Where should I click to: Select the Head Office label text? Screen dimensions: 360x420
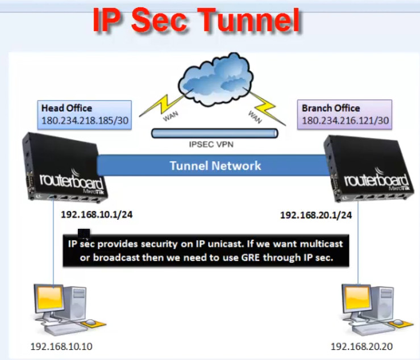tap(66, 108)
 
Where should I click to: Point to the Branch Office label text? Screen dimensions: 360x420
tap(331, 108)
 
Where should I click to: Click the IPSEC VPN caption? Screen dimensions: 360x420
tap(211, 145)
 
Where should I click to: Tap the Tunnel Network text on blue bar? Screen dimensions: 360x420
tap(215, 166)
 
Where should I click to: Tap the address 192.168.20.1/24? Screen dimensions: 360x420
tap(315, 215)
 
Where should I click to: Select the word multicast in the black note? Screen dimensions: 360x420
tap(319, 244)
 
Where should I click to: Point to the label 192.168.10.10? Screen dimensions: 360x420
tap(59, 345)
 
